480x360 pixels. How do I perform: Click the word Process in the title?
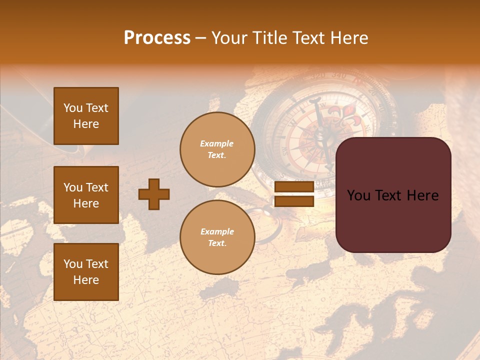pyautogui.click(x=157, y=38)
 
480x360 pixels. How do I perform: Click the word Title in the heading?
pyautogui.click(x=268, y=38)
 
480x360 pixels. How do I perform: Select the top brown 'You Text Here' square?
pyautogui.click(x=86, y=116)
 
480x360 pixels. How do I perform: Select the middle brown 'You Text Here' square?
pyautogui.click(x=86, y=195)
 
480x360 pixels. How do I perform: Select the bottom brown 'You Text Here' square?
pyautogui.click(x=86, y=271)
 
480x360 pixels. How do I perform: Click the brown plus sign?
pyautogui.click(x=154, y=194)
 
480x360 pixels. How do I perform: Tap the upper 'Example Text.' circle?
pyautogui.click(x=217, y=149)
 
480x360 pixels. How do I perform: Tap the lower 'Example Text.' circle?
pyautogui.click(x=217, y=237)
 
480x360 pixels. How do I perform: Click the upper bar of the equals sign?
pyautogui.click(x=294, y=187)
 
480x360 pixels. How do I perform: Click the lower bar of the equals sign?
pyautogui.click(x=294, y=201)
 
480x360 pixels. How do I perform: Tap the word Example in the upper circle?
pyautogui.click(x=216, y=143)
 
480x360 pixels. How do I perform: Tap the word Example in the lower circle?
pyautogui.click(x=217, y=231)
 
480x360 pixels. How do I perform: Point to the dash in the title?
pyautogui.click(x=200, y=38)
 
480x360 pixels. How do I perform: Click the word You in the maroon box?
pyautogui.click(x=359, y=195)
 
